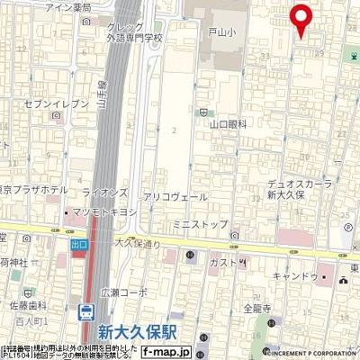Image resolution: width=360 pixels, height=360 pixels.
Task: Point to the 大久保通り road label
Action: pos(138,243)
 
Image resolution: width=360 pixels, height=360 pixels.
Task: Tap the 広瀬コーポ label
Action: pos(123,292)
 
